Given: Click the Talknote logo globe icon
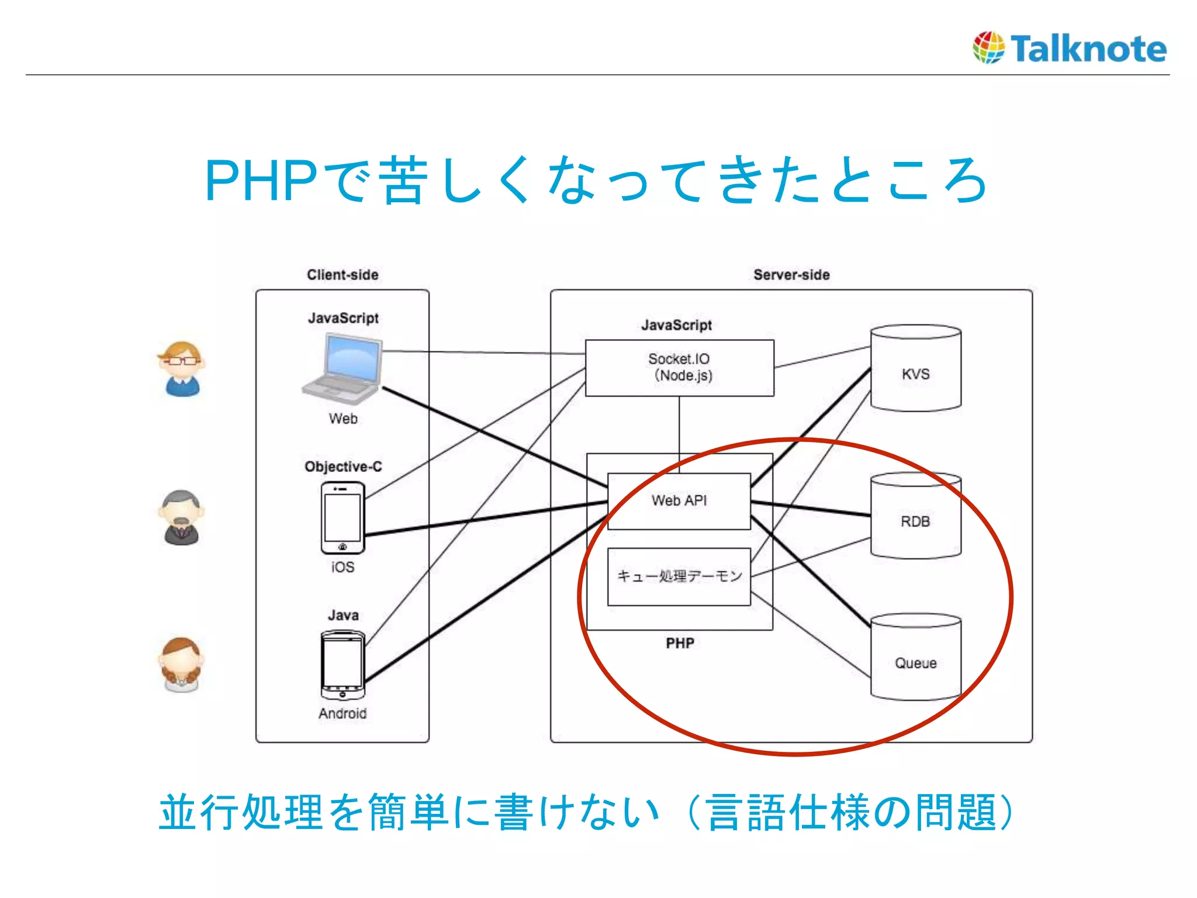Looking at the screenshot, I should coord(988,47).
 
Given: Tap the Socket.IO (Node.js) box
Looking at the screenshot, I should coord(679,368).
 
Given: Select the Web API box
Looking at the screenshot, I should coord(679,501).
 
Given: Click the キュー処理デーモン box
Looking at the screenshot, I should coord(679,576).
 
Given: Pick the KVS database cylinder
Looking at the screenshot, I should coord(915,368).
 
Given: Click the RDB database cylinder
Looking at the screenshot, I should coord(915,516).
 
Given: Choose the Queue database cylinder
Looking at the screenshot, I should coord(915,657).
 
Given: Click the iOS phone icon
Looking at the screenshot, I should coord(343,518).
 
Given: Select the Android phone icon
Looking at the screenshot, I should coord(343,665).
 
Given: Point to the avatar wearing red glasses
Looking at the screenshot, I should coord(182,368).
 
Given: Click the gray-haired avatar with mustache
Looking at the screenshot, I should coord(182,517).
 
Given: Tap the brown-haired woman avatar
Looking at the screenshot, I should coord(182,665).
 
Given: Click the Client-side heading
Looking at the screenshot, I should coord(343,275).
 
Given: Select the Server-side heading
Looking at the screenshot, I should coord(791,275).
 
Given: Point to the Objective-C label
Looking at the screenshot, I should coord(343,467).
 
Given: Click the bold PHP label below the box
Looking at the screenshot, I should coord(680,643).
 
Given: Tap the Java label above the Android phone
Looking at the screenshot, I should coord(343,615).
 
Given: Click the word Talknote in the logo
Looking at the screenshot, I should coord(1088,49).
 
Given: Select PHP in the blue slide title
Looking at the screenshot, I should coord(261,181).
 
